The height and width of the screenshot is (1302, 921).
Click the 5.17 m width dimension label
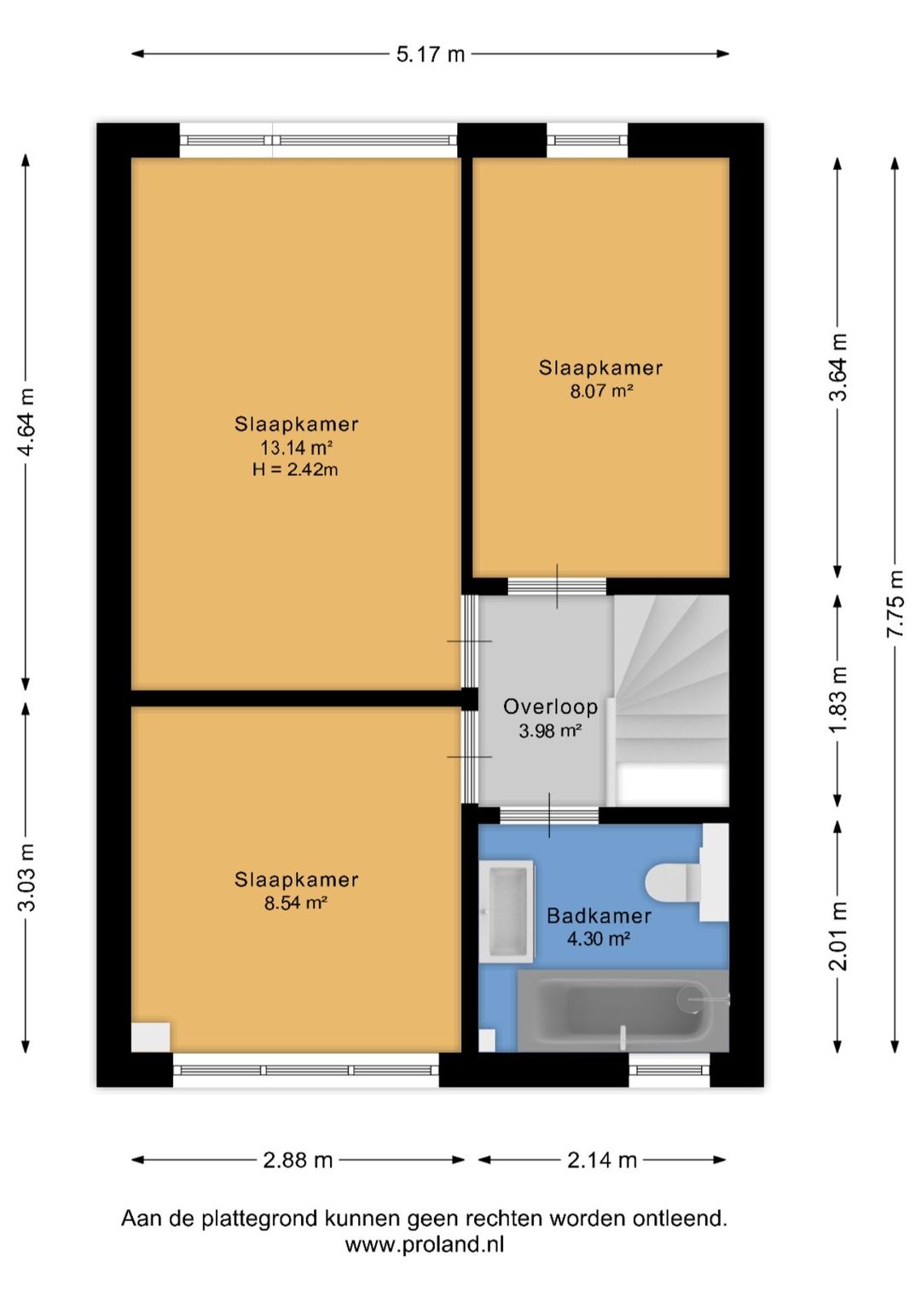[x=431, y=55]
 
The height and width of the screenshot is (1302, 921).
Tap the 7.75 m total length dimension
[x=895, y=604]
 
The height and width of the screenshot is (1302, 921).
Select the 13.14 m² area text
[x=297, y=448]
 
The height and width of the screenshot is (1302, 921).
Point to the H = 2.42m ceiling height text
[x=295, y=469]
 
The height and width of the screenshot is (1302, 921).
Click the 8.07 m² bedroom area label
[x=601, y=391]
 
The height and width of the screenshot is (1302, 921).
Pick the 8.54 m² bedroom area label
[x=296, y=903]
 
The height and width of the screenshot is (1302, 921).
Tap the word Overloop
[x=550, y=706]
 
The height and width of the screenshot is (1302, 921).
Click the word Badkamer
[x=600, y=916]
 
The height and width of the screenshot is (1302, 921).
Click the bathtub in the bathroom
[x=623, y=1011]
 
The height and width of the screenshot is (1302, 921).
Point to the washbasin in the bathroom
[x=506, y=911]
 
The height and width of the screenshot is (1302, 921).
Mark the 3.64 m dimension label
[x=838, y=368]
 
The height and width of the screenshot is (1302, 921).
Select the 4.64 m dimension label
[x=26, y=422]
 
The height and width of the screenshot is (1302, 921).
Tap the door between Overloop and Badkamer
[x=549, y=815]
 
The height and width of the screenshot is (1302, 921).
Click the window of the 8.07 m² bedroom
[x=588, y=140]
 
